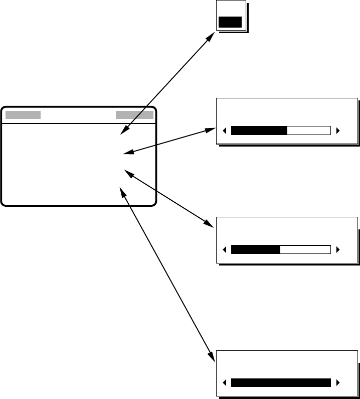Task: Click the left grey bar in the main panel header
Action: pyautogui.click(x=23, y=114)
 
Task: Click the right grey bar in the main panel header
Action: pyautogui.click(x=134, y=114)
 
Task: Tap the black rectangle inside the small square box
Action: pyautogui.click(x=230, y=22)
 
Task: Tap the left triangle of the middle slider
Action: pyautogui.click(x=224, y=249)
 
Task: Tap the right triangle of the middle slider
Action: pyautogui.click(x=338, y=249)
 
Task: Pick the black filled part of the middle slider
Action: pyautogui.click(x=255, y=249)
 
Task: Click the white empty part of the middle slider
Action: pyautogui.click(x=305, y=249)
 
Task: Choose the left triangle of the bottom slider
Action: pyautogui.click(x=224, y=383)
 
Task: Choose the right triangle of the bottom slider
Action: pyautogui.click(x=338, y=383)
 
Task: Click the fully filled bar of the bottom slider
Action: pyautogui.click(x=281, y=383)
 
